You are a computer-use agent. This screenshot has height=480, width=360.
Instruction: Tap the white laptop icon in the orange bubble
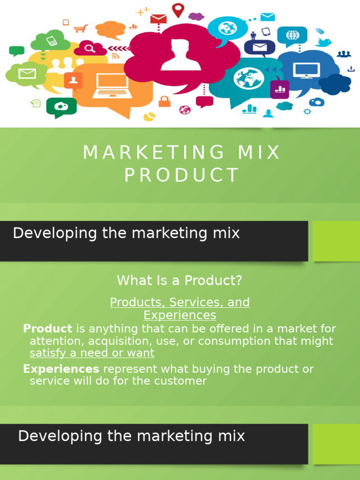(111, 85)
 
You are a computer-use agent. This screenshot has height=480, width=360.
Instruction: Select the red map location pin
(178, 9)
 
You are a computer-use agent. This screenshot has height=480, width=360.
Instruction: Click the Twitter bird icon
(323, 42)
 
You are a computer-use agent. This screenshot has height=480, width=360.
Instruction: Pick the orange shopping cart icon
(80, 28)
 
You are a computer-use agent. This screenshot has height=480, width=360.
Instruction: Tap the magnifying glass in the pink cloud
(90, 48)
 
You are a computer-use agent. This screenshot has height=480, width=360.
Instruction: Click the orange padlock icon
(164, 101)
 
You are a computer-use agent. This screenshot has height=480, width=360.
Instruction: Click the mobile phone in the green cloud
(52, 41)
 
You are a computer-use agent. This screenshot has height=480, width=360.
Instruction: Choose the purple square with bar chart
(279, 89)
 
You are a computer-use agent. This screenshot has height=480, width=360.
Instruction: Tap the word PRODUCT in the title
(182, 175)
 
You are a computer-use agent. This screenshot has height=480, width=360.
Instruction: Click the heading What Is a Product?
(180, 280)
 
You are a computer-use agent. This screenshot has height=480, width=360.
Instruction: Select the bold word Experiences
(61, 369)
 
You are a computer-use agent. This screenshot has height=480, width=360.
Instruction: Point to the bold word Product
(47, 329)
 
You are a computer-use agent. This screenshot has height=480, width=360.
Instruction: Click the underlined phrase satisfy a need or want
(92, 353)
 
